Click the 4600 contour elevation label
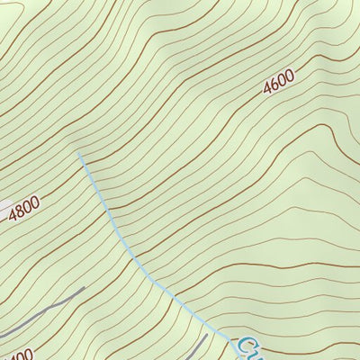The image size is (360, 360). tap(279, 85)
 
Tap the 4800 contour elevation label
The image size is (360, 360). tap(25, 208)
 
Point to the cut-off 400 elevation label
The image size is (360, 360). tap(18, 353)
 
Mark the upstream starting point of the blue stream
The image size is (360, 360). tap(79, 155)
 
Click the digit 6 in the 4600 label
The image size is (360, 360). tap(274, 86)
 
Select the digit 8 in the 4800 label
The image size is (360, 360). tap(21, 209)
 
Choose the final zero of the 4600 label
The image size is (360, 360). tap(290, 78)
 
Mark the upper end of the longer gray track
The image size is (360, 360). tap(84, 289)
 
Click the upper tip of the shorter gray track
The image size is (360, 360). tap(205, 336)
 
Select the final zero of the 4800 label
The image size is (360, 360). tap(37, 202)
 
